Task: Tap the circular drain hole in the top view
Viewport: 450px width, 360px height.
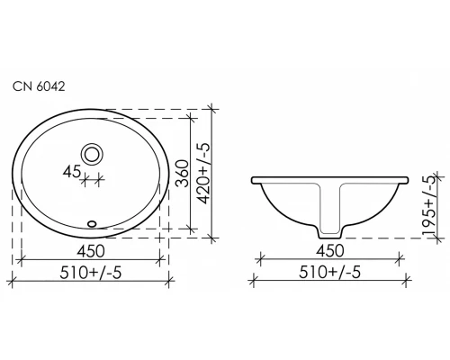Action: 92,152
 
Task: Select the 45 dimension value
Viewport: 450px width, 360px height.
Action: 73,169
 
